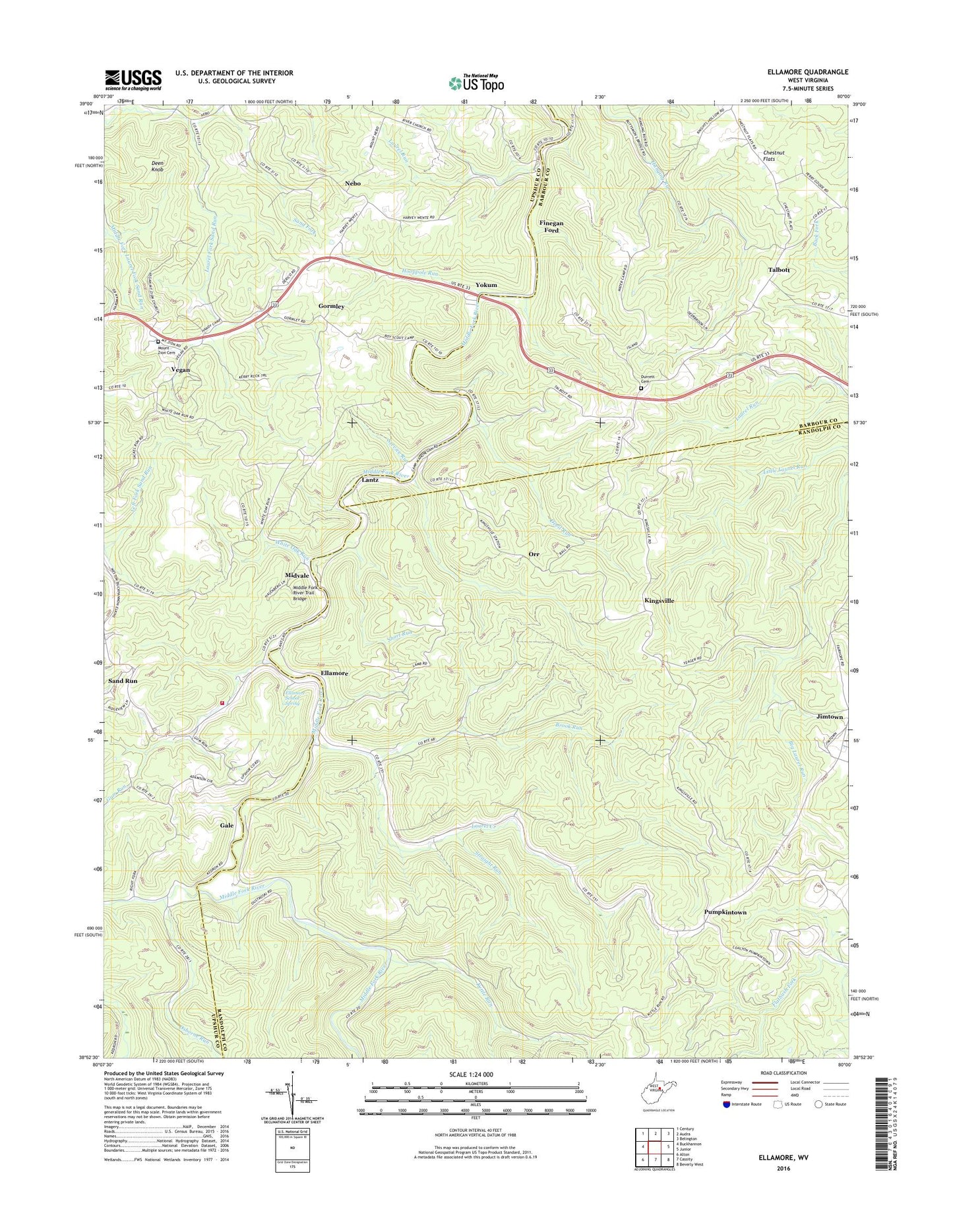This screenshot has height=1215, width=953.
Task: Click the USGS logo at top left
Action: click(133, 80)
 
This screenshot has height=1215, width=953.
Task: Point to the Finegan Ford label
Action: click(551, 226)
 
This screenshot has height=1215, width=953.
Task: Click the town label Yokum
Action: click(486, 285)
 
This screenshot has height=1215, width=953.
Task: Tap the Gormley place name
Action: click(331, 307)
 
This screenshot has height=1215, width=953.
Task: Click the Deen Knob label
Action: click(157, 166)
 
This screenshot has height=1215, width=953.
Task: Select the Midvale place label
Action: click(297, 576)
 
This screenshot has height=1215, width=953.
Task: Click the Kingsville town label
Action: click(659, 601)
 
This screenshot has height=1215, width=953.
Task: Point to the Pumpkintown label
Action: click(725, 912)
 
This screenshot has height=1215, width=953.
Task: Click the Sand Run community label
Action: click(123, 680)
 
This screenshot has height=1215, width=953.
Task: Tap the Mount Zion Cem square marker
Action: click(158, 342)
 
